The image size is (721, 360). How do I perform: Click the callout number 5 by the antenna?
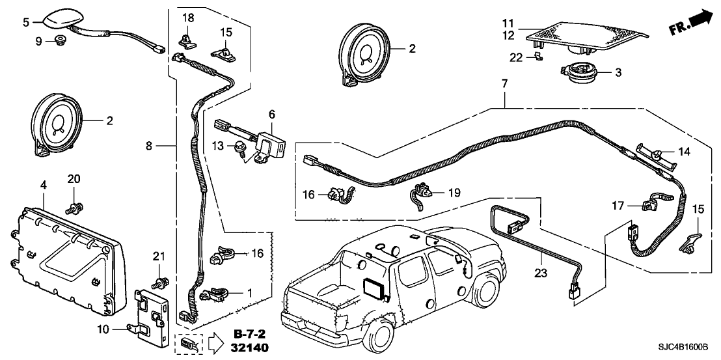pyautogui.click(x=26, y=22)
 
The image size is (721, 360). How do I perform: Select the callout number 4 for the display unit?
pyautogui.click(x=44, y=186)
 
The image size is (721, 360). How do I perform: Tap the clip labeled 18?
pyautogui.click(x=187, y=40)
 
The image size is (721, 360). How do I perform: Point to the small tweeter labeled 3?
pyautogui.click(x=576, y=72)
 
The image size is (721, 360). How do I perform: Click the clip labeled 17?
pyautogui.click(x=650, y=206)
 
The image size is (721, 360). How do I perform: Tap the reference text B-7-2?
pyautogui.click(x=250, y=335)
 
